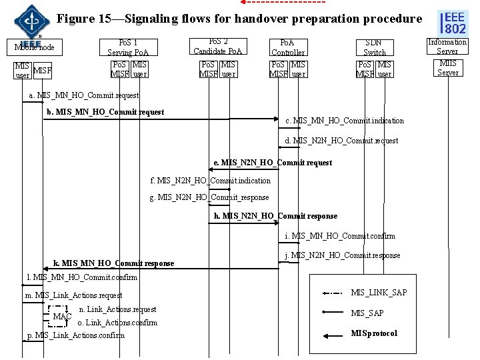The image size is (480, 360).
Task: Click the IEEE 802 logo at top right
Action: (x=454, y=23)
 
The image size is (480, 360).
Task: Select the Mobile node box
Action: (x=34, y=47)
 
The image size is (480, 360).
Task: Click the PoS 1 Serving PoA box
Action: (x=129, y=47)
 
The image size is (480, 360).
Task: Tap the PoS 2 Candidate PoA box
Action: (x=218, y=45)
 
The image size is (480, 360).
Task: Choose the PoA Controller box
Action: (x=288, y=47)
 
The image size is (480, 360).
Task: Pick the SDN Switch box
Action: (x=374, y=47)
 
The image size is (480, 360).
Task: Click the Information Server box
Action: (x=447, y=46)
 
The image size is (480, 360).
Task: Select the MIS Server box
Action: (x=447, y=68)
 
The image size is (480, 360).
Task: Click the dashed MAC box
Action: (x=61, y=316)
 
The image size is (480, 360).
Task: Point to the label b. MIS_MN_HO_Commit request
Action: (x=105, y=112)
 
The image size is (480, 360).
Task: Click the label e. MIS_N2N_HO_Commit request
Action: (x=272, y=163)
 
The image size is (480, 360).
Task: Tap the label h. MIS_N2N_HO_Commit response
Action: (x=275, y=216)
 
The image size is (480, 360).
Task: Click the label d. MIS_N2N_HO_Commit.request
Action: (x=341, y=141)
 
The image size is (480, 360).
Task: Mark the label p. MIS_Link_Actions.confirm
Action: (x=75, y=335)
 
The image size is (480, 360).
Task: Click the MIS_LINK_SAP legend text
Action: (x=378, y=293)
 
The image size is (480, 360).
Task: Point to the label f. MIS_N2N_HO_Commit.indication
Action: (x=211, y=181)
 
